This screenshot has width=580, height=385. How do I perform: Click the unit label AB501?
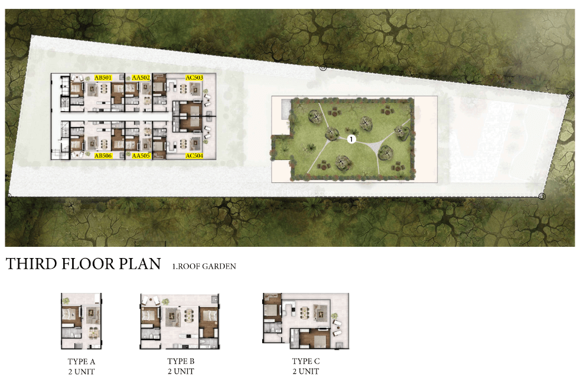[x=103, y=78]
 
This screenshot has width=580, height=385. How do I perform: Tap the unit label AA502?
[x=141, y=78]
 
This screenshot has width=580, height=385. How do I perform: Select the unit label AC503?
[x=194, y=78]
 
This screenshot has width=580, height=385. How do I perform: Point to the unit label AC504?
[x=194, y=156]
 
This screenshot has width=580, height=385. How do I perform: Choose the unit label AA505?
[x=141, y=156]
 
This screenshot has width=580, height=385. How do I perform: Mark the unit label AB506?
[x=103, y=156]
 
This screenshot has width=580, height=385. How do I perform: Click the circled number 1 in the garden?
[x=351, y=139]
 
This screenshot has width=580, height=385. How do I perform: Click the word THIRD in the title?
[x=31, y=264]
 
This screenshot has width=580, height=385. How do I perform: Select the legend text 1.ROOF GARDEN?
[x=204, y=266]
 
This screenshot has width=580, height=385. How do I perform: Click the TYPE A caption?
[x=82, y=361]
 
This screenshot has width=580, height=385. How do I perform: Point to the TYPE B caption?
[x=181, y=361]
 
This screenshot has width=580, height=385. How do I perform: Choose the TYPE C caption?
[x=306, y=361]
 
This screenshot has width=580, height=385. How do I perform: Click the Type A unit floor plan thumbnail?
[x=82, y=321]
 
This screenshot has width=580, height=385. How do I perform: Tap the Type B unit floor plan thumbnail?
[x=180, y=321]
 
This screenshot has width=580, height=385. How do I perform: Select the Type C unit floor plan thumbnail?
[x=305, y=321]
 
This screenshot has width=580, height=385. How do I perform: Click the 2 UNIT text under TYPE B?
[x=181, y=371]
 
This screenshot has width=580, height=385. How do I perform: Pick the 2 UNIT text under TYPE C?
[x=306, y=371]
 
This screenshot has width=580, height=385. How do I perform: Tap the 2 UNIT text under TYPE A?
[x=82, y=371]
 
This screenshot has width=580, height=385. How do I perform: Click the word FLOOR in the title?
[x=87, y=264]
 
